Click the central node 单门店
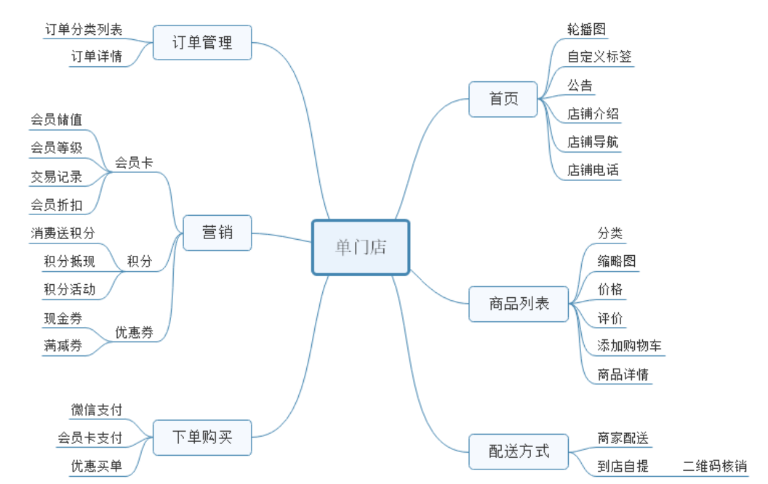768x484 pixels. coord(361,247)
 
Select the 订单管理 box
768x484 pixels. coord(202,43)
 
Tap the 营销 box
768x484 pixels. coord(217,233)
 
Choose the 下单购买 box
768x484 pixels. coord(202,437)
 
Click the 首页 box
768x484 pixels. coord(503,99)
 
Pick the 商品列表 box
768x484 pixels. coord(519,304)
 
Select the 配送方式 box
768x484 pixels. coord(519,451)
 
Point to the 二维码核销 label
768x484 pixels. coord(714,467)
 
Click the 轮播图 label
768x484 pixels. coord(586,29)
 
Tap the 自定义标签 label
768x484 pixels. coord(599,57)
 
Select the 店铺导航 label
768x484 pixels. coord(593,142)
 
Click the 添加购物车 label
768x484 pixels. coord(629,346)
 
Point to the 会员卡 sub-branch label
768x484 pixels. coord(134,163)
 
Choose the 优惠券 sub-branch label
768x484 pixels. coord(134,333)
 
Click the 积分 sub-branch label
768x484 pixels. coord(139,261)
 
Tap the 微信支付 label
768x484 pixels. coord(96,410)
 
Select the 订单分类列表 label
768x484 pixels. coord(84,29)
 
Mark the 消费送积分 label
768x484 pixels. coord(63,233)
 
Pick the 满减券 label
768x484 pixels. coord(63,346)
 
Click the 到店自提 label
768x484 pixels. coord(623,467)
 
